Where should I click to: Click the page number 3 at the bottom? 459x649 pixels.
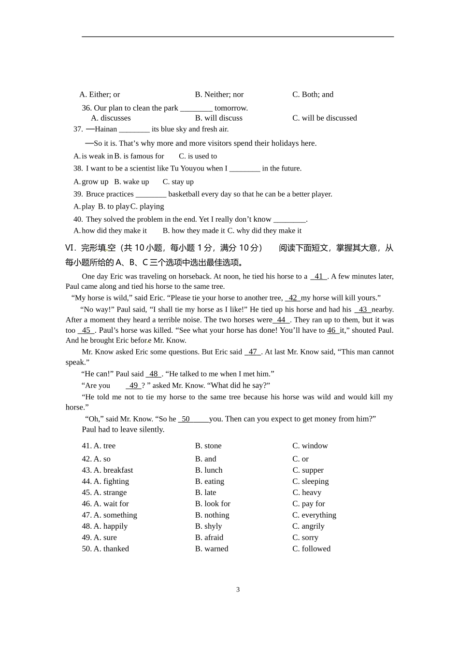click(x=238, y=590)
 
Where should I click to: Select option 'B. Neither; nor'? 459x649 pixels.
click(x=219, y=95)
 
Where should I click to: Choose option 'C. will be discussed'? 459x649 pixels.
click(x=324, y=118)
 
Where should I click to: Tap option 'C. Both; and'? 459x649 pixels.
click(x=313, y=95)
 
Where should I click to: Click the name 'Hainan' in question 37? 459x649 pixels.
click(x=106, y=129)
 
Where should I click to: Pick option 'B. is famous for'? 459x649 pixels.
click(x=139, y=156)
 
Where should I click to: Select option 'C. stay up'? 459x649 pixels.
click(x=178, y=182)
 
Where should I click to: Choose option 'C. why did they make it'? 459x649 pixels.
click(x=264, y=231)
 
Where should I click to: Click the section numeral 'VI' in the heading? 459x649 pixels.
click(x=71, y=248)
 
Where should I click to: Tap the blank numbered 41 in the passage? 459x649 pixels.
click(x=318, y=277)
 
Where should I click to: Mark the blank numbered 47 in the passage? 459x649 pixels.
click(x=253, y=352)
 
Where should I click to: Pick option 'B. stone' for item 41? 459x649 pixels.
click(x=208, y=446)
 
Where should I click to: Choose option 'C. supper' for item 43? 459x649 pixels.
click(x=308, y=470)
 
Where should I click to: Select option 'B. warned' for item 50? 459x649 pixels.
click(x=212, y=549)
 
